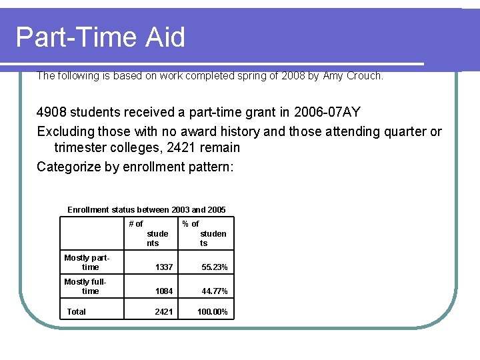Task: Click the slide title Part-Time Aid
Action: tap(100, 37)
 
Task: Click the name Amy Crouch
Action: tap(353, 76)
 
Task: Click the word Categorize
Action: tap(69, 167)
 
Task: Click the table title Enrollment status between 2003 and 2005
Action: tap(147, 210)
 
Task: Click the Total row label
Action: tap(77, 311)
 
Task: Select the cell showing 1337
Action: tap(164, 267)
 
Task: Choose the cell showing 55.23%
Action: tap(215, 267)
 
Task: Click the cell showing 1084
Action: tap(164, 292)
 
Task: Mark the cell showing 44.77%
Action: tap(215, 292)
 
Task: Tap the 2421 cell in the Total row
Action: tap(164, 312)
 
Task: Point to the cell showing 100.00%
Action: tap(213, 312)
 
